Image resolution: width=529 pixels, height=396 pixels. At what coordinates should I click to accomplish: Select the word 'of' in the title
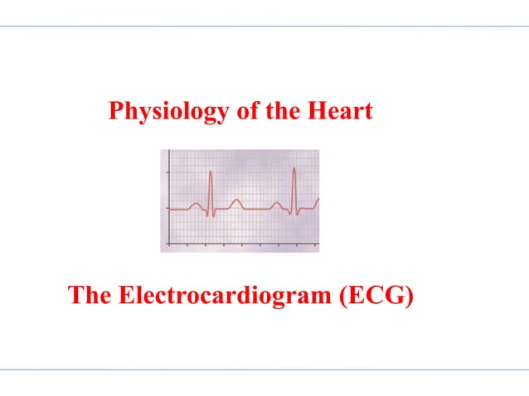pyautogui.click(x=247, y=111)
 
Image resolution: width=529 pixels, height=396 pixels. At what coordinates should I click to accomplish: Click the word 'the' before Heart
pyautogui.click(x=280, y=111)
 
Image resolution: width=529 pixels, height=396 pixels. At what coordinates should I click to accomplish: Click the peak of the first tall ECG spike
pyautogui.click(x=211, y=171)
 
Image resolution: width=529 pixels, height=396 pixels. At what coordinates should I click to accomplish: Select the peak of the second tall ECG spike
pyautogui.click(x=294, y=168)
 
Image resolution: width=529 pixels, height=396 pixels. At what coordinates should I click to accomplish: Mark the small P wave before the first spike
pyautogui.click(x=196, y=204)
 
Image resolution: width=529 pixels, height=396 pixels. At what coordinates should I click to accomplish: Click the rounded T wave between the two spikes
pyautogui.click(x=235, y=200)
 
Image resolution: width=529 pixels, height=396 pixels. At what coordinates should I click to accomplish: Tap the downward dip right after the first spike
pyautogui.click(x=214, y=215)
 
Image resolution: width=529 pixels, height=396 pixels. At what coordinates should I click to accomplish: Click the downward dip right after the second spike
pyautogui.click(x=298, y=215)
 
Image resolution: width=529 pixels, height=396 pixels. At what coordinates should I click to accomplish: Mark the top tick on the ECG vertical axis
pyautogui.click(x=169, y=172)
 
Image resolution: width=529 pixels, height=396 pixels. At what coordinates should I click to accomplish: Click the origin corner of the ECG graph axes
pyautogui.click(x=169, y=244)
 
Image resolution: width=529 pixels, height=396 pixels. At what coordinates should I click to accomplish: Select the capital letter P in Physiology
pyautogui.click(x=116, y=111)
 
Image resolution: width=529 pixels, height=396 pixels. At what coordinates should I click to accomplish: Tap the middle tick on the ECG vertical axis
pyautogui.click(x=169, y=208)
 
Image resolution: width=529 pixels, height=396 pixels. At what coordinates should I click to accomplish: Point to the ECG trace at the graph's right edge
pyautogui.click(x=318, y=200)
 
